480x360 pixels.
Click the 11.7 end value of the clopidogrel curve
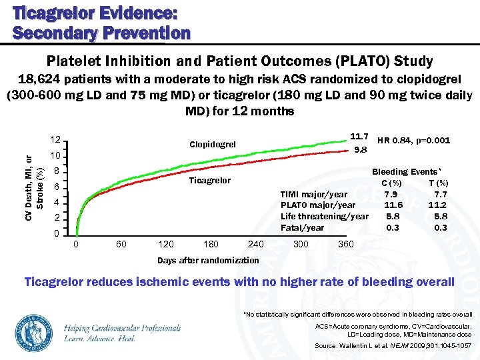(x=360, y=136)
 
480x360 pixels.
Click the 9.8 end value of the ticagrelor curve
(x=361, y=149)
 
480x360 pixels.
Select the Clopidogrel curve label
(x=212, y=144)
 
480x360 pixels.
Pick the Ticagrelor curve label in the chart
(x=210, y=181)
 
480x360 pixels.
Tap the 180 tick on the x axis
(x=210, y=244)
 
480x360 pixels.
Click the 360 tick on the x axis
(x=346, y=244)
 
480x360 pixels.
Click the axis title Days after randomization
(x=208, y=260)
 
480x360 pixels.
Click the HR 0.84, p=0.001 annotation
(x=413, y=140)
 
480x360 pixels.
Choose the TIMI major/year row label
(x=314, y=194)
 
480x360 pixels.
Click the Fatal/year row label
(x=303, y=227)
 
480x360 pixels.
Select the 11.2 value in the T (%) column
(x=437, y=205)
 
